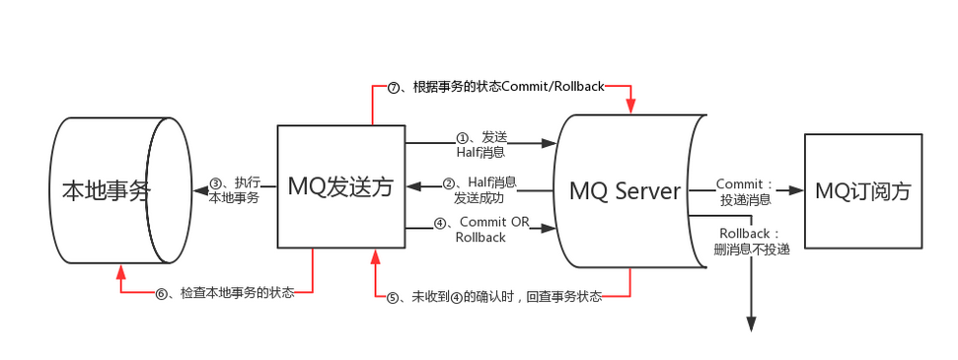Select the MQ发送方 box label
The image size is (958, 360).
(340, 186)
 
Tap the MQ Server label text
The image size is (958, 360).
(626, 190)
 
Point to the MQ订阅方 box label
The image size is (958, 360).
(863, 190)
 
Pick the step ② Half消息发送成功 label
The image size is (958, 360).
(480, 189)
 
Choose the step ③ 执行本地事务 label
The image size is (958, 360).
(234, 189)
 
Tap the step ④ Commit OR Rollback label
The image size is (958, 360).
(488, 229)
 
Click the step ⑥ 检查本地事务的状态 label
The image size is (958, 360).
(225, 293)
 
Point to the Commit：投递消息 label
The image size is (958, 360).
(747, 192)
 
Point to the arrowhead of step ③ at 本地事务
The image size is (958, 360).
(196, 189)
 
